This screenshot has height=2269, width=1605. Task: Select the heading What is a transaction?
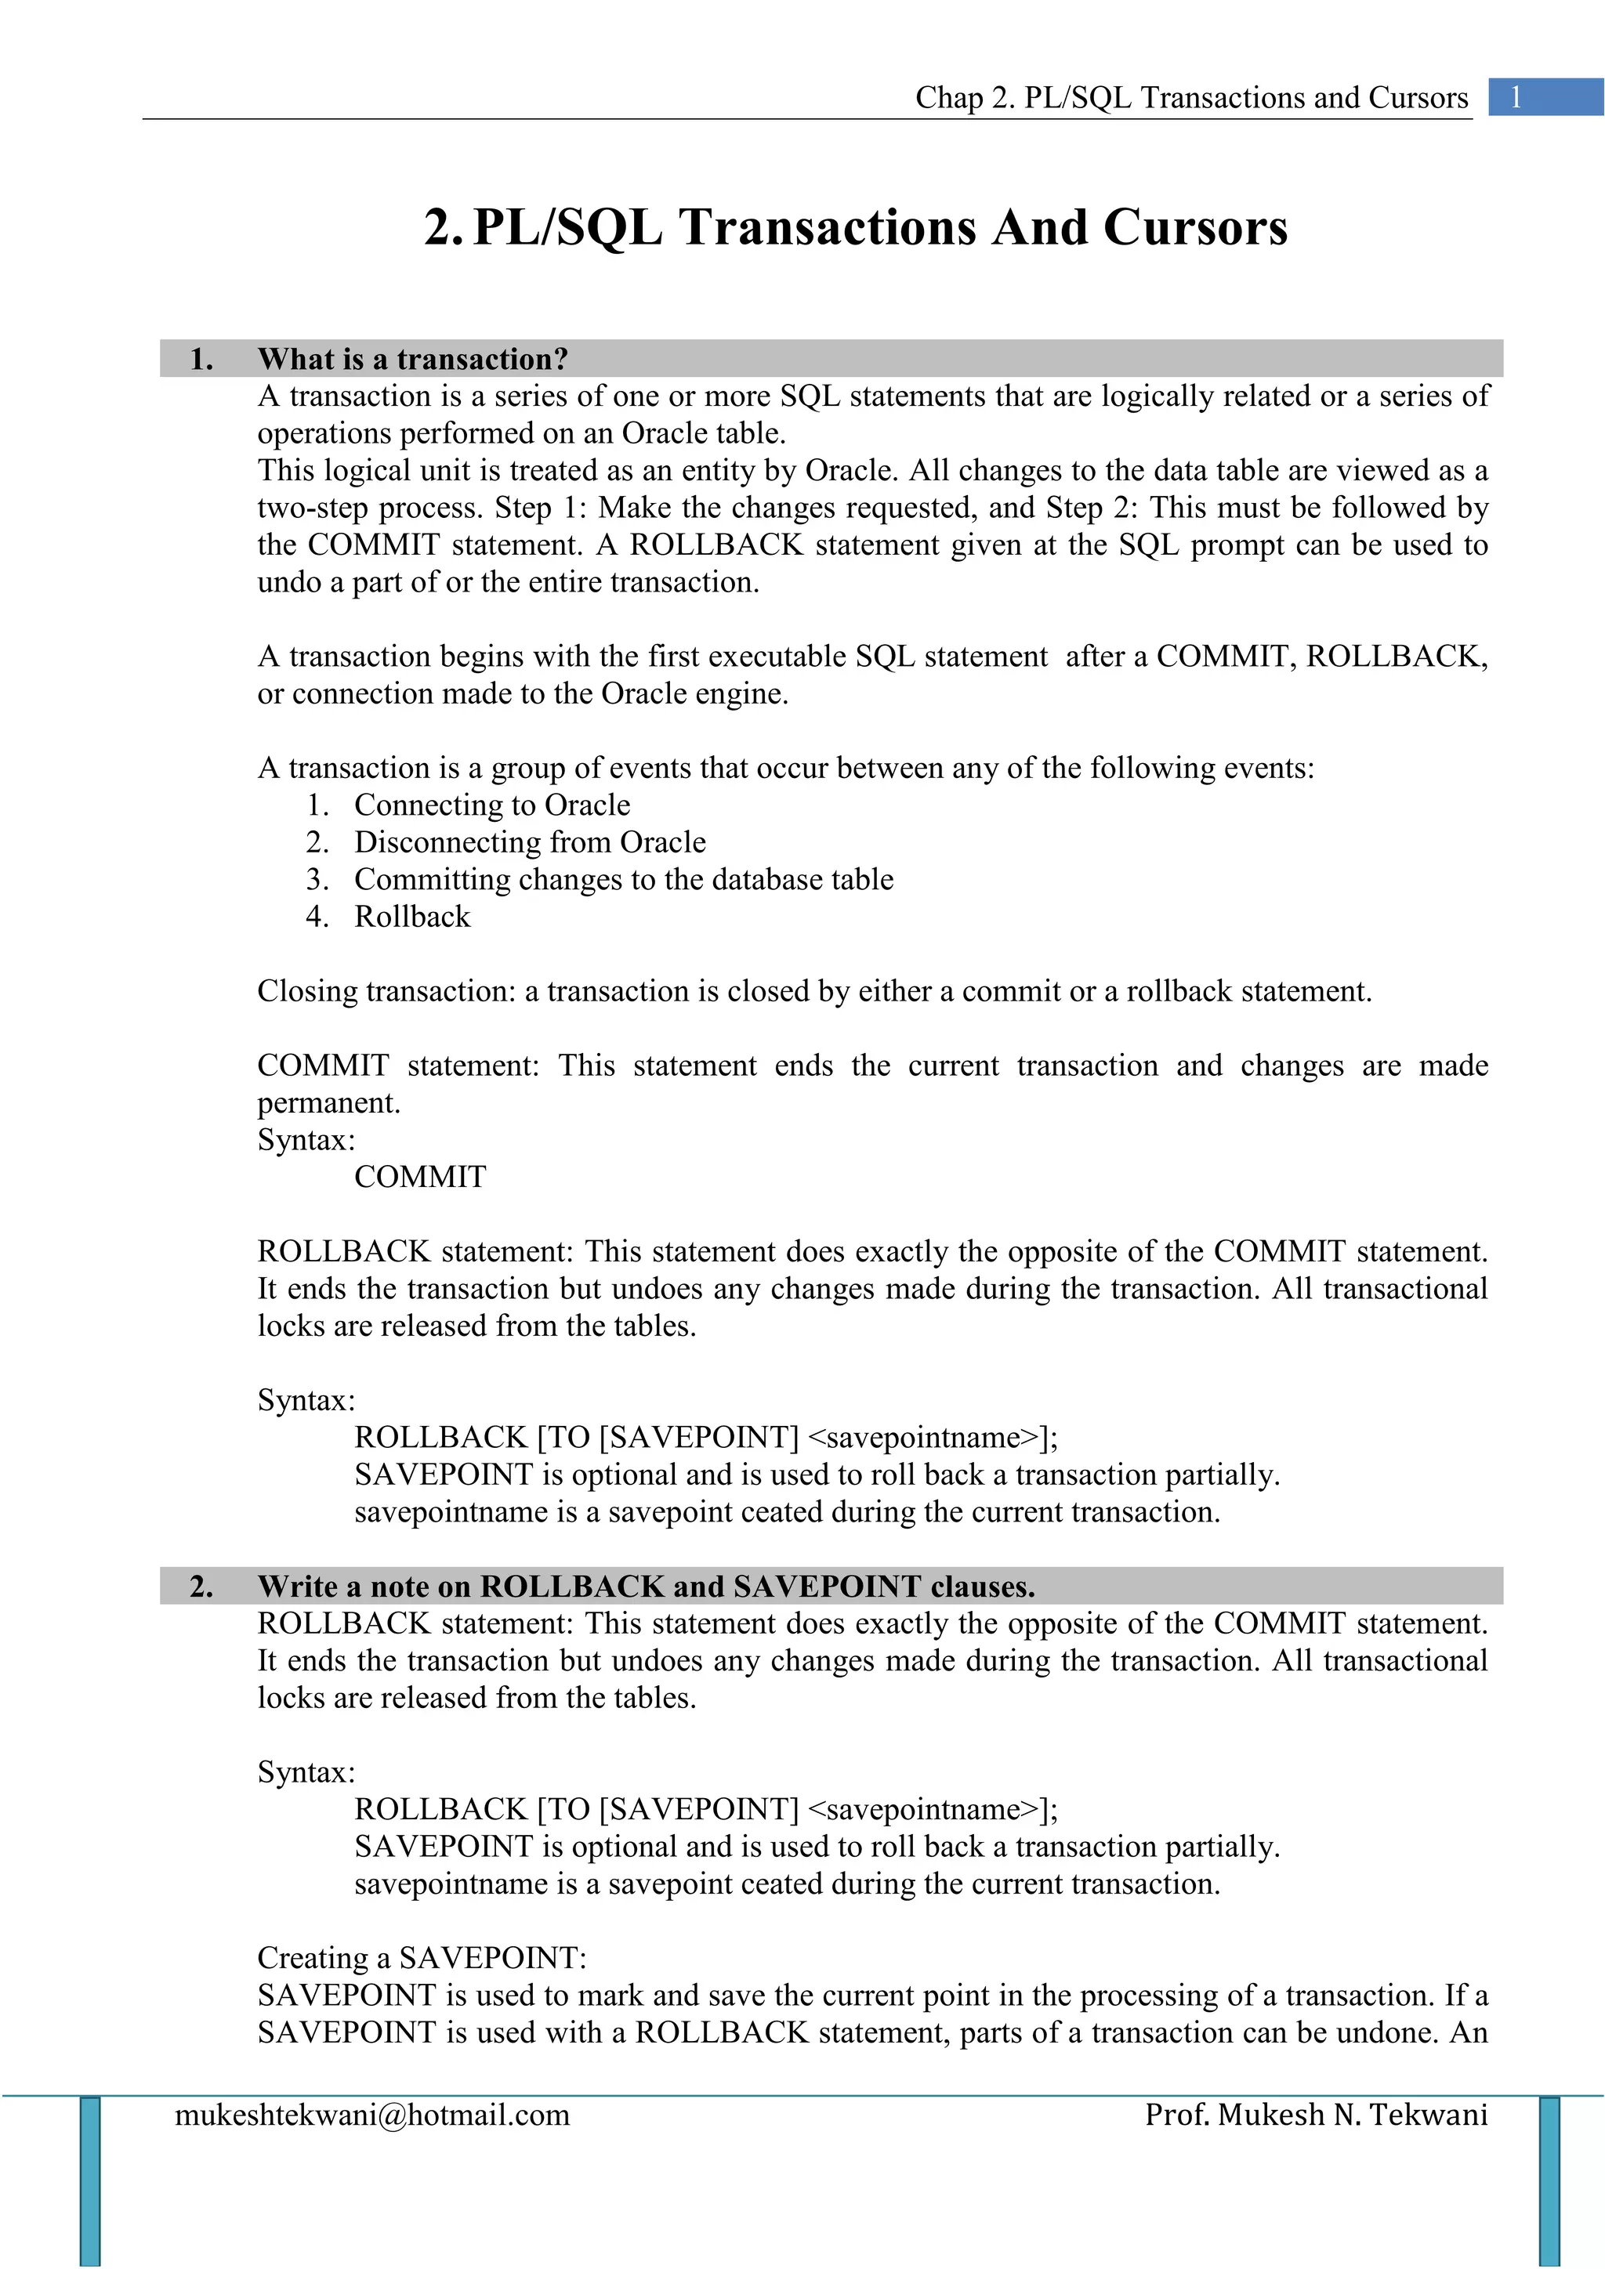coord(412,359)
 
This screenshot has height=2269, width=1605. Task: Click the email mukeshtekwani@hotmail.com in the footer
coord(372,2115)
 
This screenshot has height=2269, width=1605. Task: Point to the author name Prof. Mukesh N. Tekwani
coord(1316,2115)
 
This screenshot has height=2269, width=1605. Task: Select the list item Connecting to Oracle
coord(491,805)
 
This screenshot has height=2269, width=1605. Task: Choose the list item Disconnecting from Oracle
coord(530,842)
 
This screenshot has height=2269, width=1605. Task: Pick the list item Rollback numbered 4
coord(412,917)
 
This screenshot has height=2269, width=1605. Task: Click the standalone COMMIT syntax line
coord(420,1177)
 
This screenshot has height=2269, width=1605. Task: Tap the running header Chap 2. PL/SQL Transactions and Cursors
coord(1191,98)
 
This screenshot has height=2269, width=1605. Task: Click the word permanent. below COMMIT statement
coord(328,1103)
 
